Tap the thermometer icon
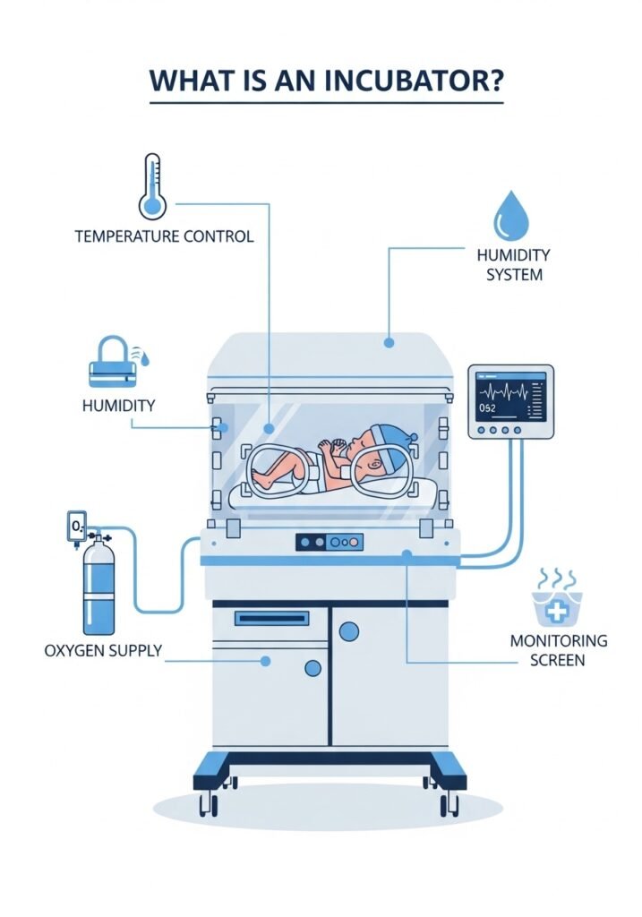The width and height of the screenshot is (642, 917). click(x=153, y=186)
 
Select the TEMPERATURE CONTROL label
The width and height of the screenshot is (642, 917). click(x=164, y=237)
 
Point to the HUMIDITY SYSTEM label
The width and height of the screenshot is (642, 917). click(x=513, y=265)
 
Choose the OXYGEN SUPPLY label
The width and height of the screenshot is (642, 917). click(x=103, y=650)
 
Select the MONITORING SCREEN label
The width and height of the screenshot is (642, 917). click(x=559, y=650)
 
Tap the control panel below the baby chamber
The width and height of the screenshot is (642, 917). click(x=329, y=542)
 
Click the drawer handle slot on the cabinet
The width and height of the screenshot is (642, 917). click(x=271, y=618)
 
